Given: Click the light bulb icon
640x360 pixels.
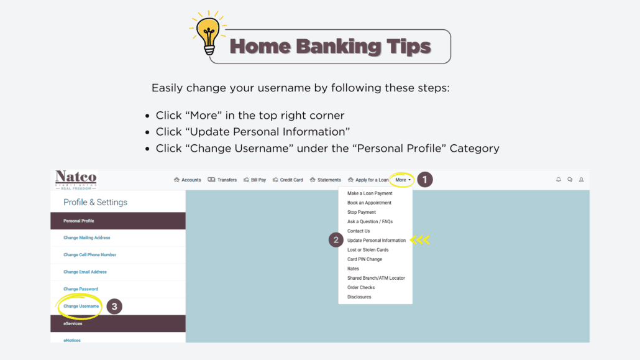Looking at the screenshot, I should point(208,34).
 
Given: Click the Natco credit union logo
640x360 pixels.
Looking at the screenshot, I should point(76,180).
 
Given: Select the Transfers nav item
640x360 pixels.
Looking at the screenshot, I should point(222,180).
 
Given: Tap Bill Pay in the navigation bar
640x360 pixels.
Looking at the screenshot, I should point(255,180).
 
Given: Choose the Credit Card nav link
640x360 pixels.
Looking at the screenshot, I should point(288,180).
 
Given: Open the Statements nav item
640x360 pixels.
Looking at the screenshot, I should point(326,180).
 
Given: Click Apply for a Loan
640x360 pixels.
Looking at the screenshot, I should point(368,180).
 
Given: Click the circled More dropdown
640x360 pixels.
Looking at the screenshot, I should point(403,180).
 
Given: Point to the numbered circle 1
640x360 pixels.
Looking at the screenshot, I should point(424,180).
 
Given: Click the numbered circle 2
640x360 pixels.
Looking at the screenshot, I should point(336,240).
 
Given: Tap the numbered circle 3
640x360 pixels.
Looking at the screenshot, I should point(114,306).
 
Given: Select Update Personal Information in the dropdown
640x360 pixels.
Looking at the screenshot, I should point(377,241).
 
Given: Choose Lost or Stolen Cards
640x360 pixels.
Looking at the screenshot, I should point(368,250).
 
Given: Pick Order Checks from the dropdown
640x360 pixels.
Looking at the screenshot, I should point(361,287).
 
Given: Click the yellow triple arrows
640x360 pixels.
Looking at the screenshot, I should point(419,240).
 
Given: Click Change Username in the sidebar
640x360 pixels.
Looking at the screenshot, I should point(81,306).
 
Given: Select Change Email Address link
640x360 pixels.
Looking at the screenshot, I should point(85,272).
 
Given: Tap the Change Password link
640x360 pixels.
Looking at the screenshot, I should point(81,289).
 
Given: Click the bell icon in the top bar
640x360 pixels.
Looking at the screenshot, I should point(558,180).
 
